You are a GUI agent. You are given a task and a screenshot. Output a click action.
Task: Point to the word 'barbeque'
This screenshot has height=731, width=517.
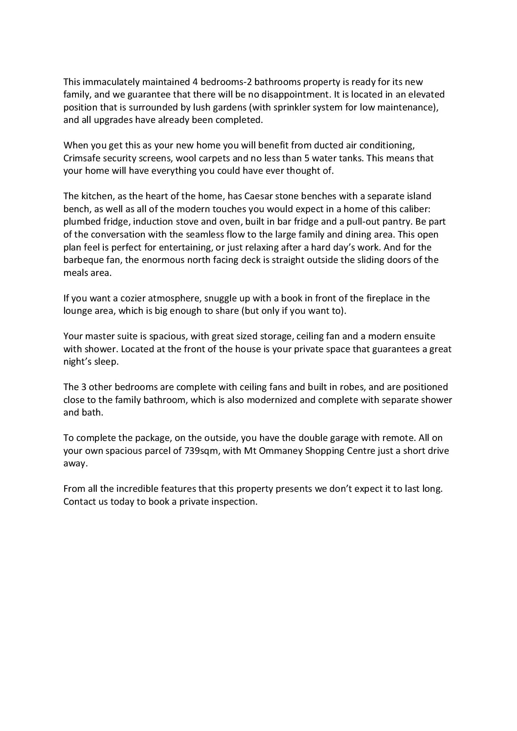[x=81, y=260]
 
